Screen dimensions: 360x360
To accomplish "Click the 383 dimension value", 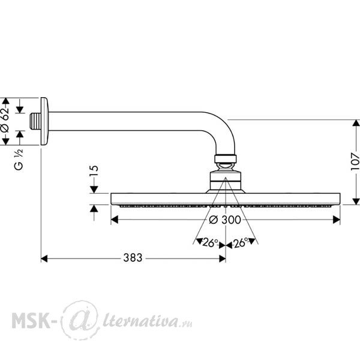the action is click(x=133, y=257).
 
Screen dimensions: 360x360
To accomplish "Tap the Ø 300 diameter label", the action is click(x=225, y=220).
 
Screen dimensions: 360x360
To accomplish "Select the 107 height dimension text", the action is click(x=355, y=161).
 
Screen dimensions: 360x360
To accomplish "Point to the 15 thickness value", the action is click(x=94, y=170).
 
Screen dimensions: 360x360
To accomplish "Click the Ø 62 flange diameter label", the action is click(x=5, y=119).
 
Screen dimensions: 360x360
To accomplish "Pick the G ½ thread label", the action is click(x=19, y=160).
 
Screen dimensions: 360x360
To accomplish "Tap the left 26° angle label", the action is click(x=210, y=242).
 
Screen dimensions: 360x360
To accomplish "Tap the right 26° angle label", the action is click(x=240, y=242).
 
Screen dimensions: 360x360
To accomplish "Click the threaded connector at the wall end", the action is click(x=35, y=121).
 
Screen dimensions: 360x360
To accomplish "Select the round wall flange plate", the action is click(x=44, y=121).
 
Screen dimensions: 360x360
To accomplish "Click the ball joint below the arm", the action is click(x=225, y=166).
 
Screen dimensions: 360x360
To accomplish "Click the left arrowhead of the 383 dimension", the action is click(x=44, y=259).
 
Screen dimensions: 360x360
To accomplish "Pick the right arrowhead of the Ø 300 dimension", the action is click(x=337, y=220).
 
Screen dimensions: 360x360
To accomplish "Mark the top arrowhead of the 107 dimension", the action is click(x=356, y=123).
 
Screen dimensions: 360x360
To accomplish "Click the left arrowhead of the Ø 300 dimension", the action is click(x=115, y=220).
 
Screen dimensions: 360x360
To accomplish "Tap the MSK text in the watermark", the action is click(x=31, y=321).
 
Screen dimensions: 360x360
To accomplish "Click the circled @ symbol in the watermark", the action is click(x=80, y=320).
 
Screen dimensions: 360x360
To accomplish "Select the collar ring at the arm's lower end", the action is click(x=226, y=159).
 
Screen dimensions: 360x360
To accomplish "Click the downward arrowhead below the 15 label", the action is click(x=94, y=190).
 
